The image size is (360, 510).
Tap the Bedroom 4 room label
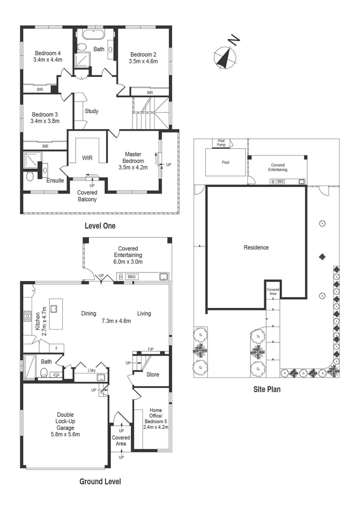pos(48,53)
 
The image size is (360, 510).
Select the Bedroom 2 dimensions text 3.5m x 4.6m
pos(143,61)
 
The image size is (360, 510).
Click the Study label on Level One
pos(92,111)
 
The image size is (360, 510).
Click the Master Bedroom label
pos(133,158)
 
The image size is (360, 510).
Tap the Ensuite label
pos(55,180)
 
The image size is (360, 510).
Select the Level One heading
pos(100,226)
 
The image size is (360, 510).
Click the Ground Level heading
pos(100,482)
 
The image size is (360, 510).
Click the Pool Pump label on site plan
pos(221,143)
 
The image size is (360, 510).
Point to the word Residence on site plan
pos(256,247)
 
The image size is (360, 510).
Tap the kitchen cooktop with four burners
pos(27,317)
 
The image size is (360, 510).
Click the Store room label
pos(152,374)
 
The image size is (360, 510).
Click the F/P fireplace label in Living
pos(151,349)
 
